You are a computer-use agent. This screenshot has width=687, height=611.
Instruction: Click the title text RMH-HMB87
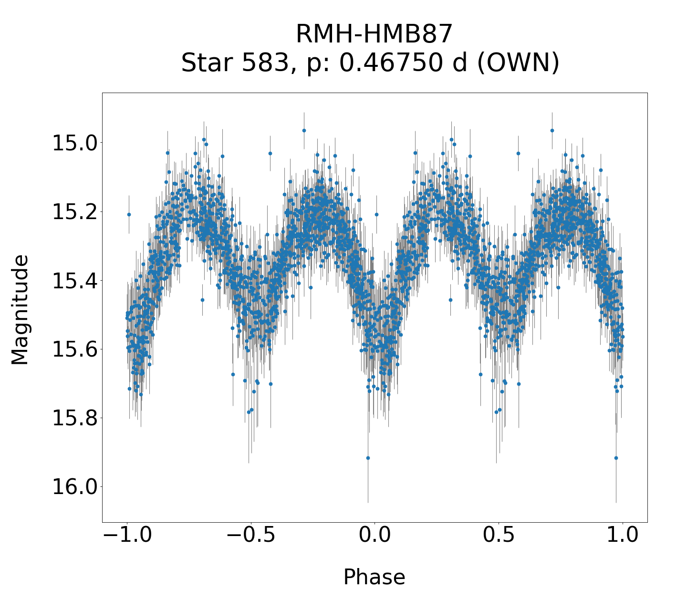tap(374, 34)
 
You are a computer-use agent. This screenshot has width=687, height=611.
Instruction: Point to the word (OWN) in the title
tap(518, 63)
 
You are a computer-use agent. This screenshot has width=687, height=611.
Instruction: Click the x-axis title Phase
tap(374, 577)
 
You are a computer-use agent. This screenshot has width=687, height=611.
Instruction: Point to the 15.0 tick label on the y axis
tap(74, 143)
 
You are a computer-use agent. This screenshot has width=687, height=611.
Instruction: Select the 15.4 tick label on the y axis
tap(74, 281)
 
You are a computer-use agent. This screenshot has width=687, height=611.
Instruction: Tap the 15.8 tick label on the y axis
tap(74, 418)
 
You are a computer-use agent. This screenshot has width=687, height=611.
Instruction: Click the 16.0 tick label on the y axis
tap(74, 487)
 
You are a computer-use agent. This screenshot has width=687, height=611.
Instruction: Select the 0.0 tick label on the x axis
tap(375, 536)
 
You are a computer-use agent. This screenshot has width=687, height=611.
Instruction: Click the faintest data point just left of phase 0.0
tap(368, 458)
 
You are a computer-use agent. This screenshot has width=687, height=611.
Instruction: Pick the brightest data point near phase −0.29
tap(304, 130)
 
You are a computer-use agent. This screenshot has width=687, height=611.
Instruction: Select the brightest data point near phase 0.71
tap(552, 130)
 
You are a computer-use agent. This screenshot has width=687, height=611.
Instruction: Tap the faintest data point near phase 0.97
tap(616, 458)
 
